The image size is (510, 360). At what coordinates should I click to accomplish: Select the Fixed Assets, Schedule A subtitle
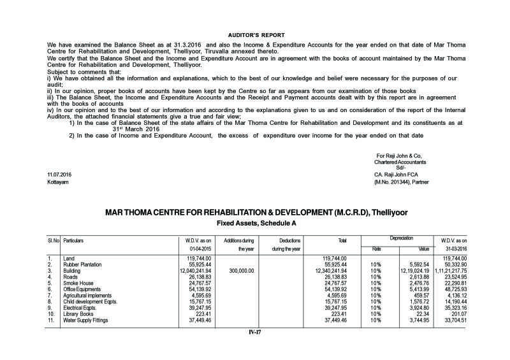tap(256, 224)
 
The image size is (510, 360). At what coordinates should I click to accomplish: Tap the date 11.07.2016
tap(60, 174)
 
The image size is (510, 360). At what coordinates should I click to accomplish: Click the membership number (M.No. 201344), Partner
tap(402, 182)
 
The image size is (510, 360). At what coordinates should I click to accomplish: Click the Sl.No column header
tap(54, 240)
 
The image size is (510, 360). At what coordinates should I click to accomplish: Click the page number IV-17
tap(255, 331)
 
